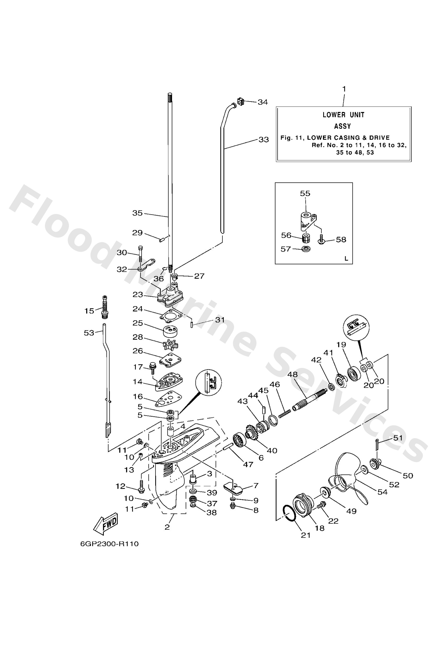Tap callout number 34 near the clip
tap(263, 102)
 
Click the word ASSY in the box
tap(342, 126)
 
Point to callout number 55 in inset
tap(305, 193)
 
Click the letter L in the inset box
tap(346, 259)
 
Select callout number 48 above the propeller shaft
tap(292, 374)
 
